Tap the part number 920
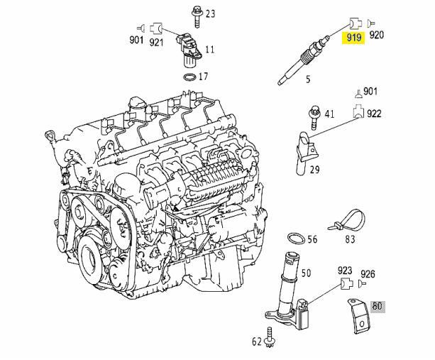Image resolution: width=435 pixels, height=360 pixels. [x=377, y=35]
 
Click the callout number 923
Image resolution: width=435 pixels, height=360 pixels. [x=345, y=271]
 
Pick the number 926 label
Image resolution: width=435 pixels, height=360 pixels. [x=368, y=274]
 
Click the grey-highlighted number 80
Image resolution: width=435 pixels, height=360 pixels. [x=378, y=307]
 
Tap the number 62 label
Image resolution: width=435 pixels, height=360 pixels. [x=256, y=342]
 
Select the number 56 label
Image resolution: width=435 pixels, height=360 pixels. [x=312, y=240]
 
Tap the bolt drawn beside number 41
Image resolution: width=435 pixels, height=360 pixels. [x=312, y=114]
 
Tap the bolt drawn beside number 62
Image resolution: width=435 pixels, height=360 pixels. [x=270, y=340]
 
